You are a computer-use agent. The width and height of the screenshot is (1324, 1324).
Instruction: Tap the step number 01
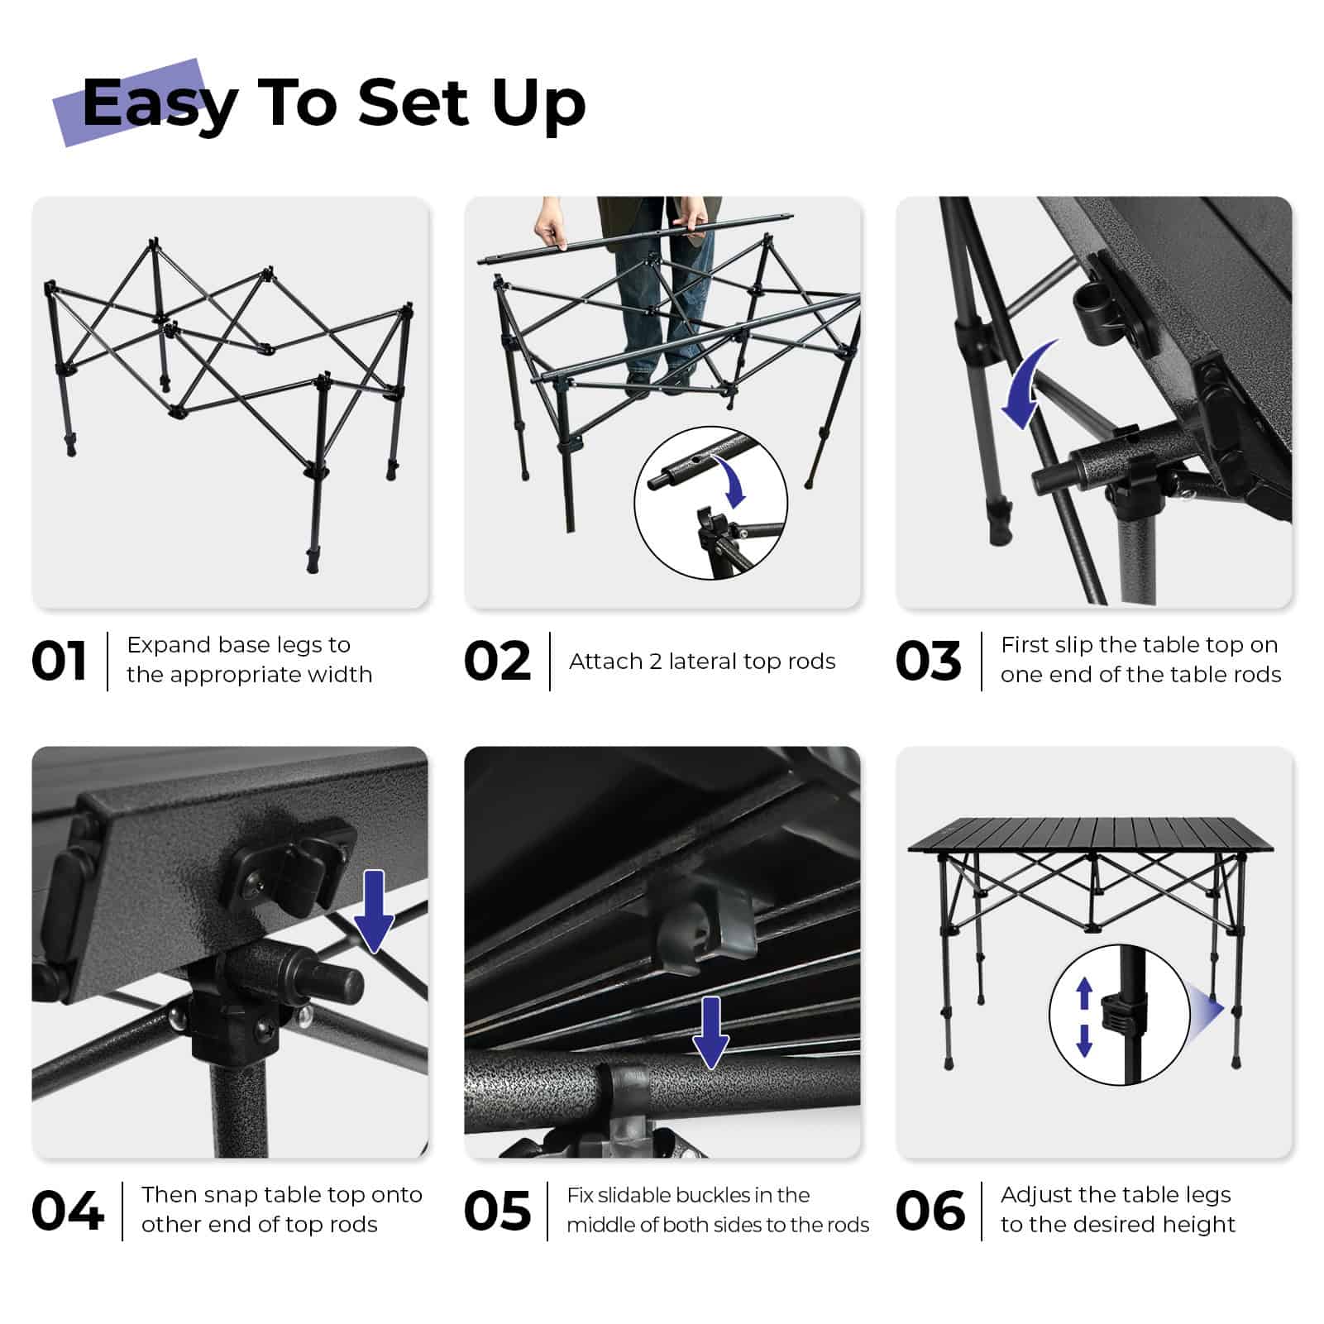click(x=59, y=662)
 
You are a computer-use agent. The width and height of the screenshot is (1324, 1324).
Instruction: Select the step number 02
click(x=497, y=662)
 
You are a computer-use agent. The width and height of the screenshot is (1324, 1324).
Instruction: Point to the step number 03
click(x=929, y=662)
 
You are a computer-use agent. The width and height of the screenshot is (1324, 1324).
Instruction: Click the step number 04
click(x=68, y=1212)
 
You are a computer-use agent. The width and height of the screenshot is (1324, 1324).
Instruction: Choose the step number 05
click(x=497, y=1212)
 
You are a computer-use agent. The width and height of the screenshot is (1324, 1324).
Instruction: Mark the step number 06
click(x=930, y=1212)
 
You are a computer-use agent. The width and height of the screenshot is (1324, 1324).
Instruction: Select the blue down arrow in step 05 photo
click(x=710, y=1034)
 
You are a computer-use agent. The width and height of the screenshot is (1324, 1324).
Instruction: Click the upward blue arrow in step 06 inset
click(x=1085, y=993)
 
